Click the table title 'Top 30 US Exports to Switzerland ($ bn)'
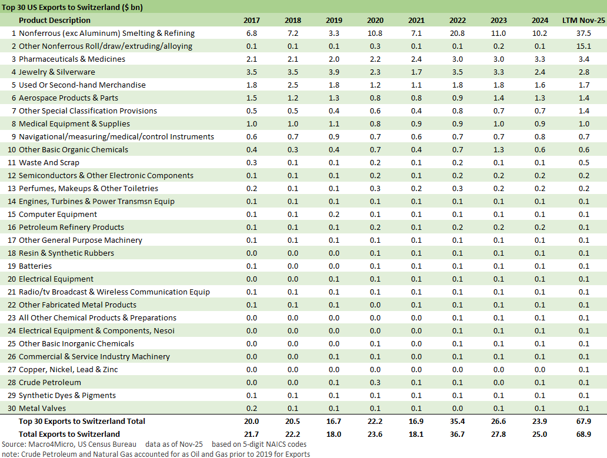point(74,8)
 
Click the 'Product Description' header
point(55,21)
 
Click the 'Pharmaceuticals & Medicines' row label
point(72,59)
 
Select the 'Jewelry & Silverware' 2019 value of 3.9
point(333,72)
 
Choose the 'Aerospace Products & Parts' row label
point(68,98)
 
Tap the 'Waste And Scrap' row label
point(49,163)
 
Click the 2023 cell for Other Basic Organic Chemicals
point(498,150)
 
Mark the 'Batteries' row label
point(35,266)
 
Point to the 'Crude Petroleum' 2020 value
point(375,383)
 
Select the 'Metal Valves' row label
point(42,409)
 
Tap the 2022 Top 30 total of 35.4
point(457,422)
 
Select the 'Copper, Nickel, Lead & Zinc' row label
point(68,370)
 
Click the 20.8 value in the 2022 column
point(457,34)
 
